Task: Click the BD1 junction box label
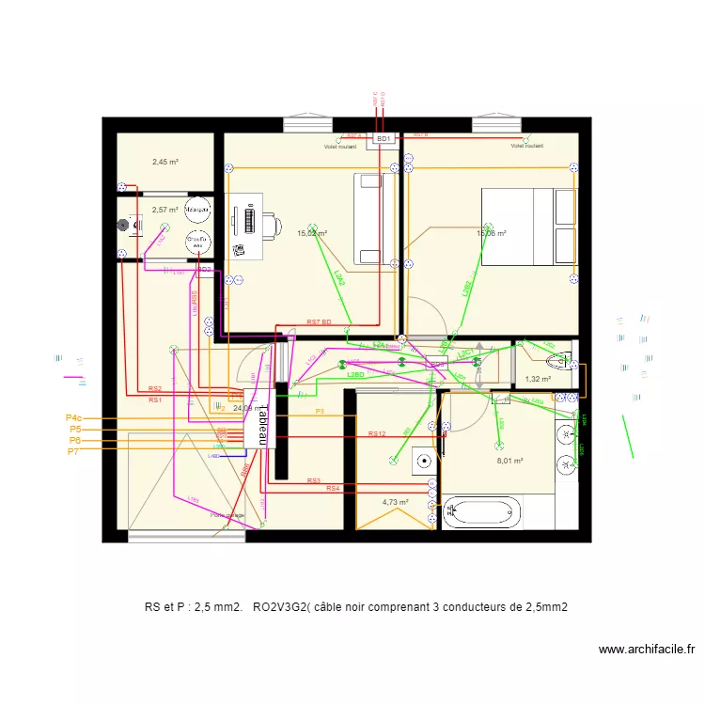click(x=384, y=139)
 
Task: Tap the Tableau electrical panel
click(x=260, y=422)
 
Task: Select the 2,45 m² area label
click(x=165, y=162)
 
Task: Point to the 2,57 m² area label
click(x=165, y=210)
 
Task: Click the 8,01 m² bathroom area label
click(x=509, y=462)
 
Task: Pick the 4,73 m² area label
click(x=395, y=502)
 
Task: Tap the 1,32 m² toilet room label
click(x=538, y=380)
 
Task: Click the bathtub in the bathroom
click(x=482, y=512)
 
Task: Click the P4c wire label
click(x=74, y=417)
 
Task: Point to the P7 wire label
click(x=73, y=452)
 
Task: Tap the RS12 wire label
click(x=377, y=433)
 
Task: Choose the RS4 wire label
click(x=333, y=489)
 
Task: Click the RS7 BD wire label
click(x=320, y=322)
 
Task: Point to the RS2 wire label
click(x=155, y=388)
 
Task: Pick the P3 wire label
click(x=320, y=412)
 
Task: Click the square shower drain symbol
click(x=425, y=461)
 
